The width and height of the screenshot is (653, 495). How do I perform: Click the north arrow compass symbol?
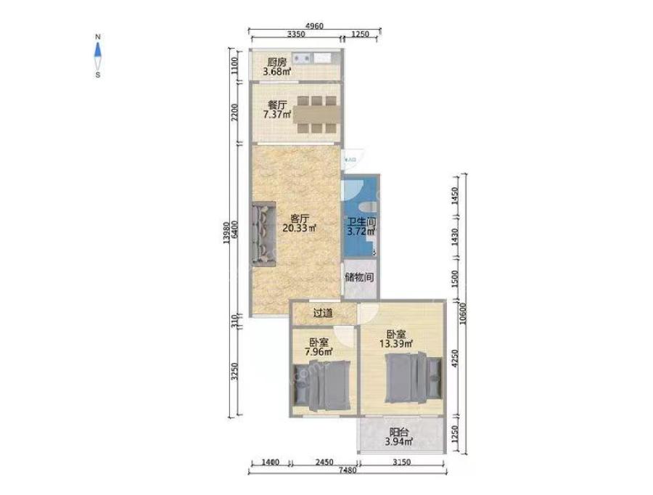pos(98,56)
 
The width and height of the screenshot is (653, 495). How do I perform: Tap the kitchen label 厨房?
pos(277,62)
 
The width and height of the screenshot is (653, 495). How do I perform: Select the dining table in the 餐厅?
pos(316,115)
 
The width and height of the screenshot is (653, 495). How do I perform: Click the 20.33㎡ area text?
pos(300,228)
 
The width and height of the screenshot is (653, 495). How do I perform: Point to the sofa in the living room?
pos(263,234)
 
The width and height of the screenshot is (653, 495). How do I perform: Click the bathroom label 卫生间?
pos(362,221)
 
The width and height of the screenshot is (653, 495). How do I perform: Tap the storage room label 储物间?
pos(359,277)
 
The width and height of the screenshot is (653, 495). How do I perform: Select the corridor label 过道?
pos(323,313)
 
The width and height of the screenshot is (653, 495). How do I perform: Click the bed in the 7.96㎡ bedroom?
pos(321,386)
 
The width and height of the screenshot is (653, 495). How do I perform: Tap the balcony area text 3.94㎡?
pos(399,442)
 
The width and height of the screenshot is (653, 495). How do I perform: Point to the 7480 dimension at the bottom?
pos(348,470)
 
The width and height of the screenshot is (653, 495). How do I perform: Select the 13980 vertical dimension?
pos(226,232)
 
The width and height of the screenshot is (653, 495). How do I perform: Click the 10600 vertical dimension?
pos(464,313)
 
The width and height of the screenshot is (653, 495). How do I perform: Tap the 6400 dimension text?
pos(235,229)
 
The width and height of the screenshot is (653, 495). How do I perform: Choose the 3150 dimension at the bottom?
pos(402,462)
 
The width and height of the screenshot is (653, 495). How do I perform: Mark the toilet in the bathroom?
pos(368,207)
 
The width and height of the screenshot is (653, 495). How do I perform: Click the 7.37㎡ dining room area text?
pos(277,114)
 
